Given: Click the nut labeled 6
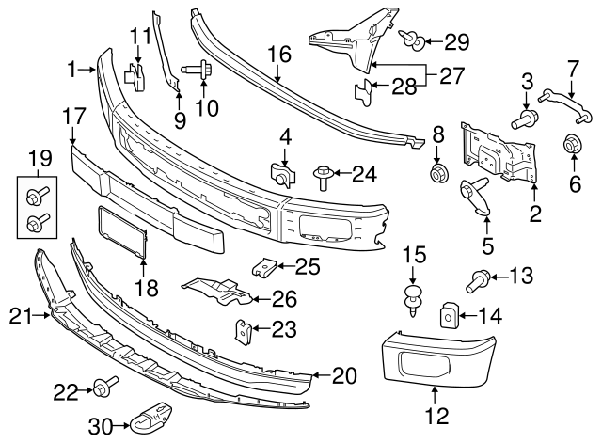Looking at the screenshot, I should (571, 146).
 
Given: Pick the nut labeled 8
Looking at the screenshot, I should (437, 173).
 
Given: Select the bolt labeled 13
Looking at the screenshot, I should (477, 278).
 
